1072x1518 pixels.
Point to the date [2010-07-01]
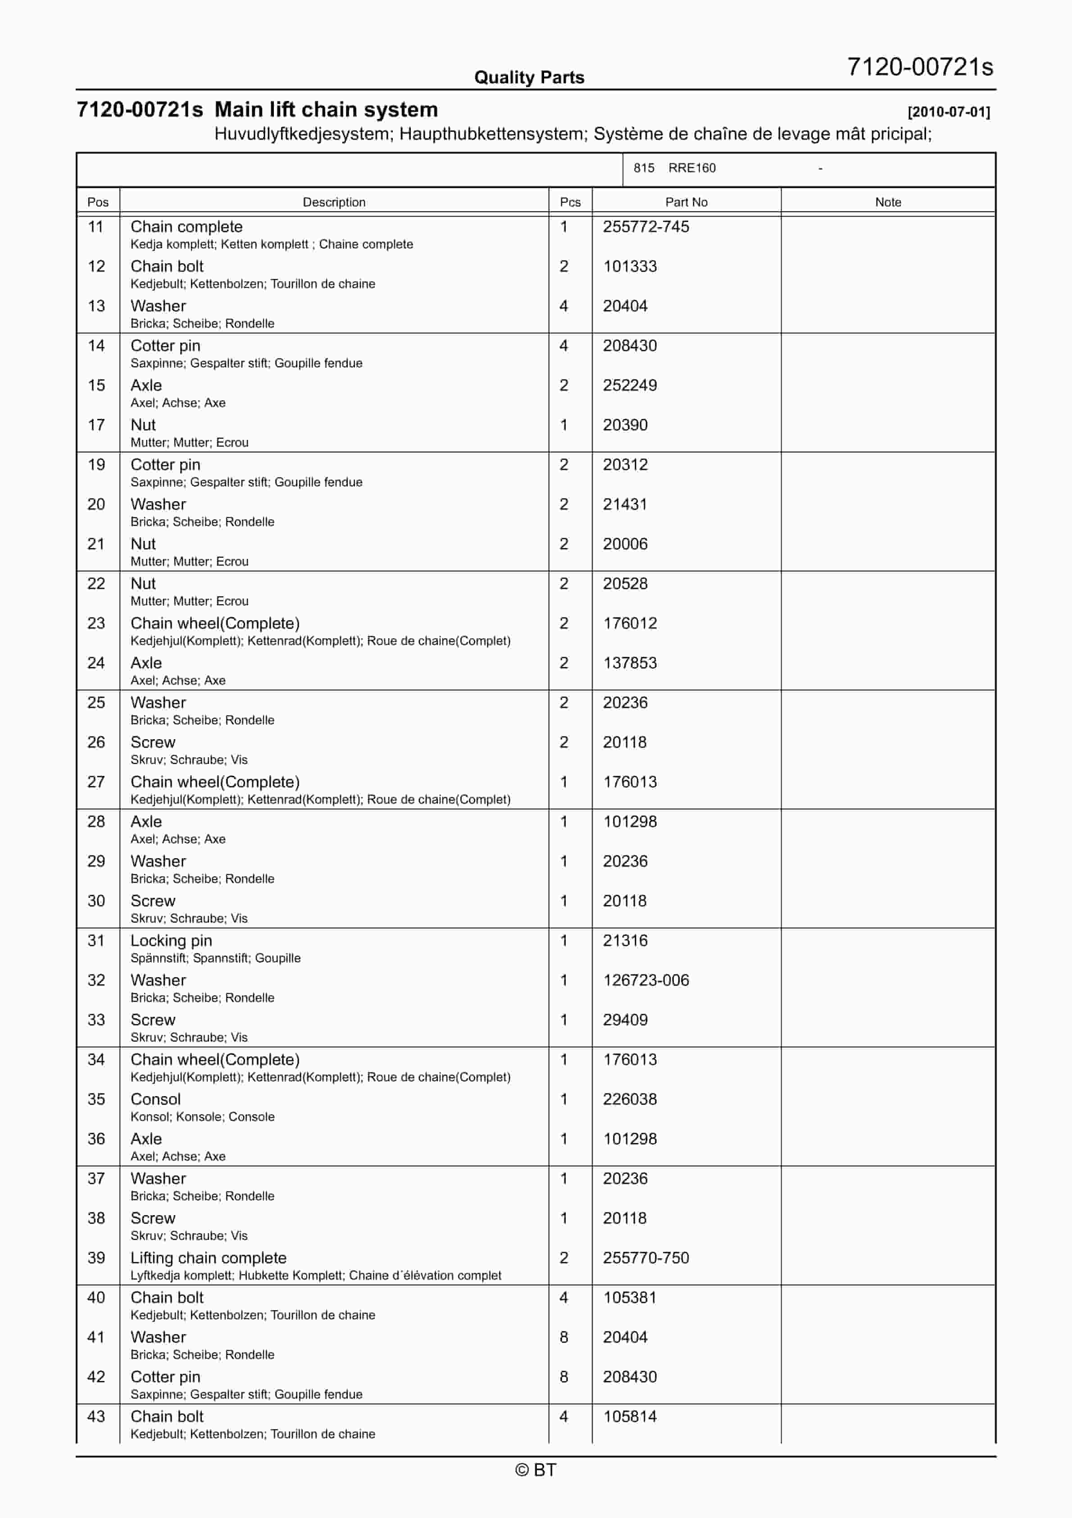click(x=949, y=112)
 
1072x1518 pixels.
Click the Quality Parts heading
click(x=529, y=78)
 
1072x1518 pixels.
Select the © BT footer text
click(x=536, y=1470)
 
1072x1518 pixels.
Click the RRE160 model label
click(x=691, y=168)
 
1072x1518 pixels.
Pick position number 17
click(x=96, y=425)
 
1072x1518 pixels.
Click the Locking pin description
click(x=171, y=941)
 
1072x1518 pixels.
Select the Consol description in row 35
click(x=155, y=1099)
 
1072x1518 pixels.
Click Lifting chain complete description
click(x=208, y=1258)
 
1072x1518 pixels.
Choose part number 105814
click(x=629, y=1417)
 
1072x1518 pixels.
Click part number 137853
click(x=629, y=663)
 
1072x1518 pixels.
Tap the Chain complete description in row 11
click(x=186, y=227)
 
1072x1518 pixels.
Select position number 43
click(x=96, y=1417)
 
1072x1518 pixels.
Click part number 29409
click(x=625, y=1020)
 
